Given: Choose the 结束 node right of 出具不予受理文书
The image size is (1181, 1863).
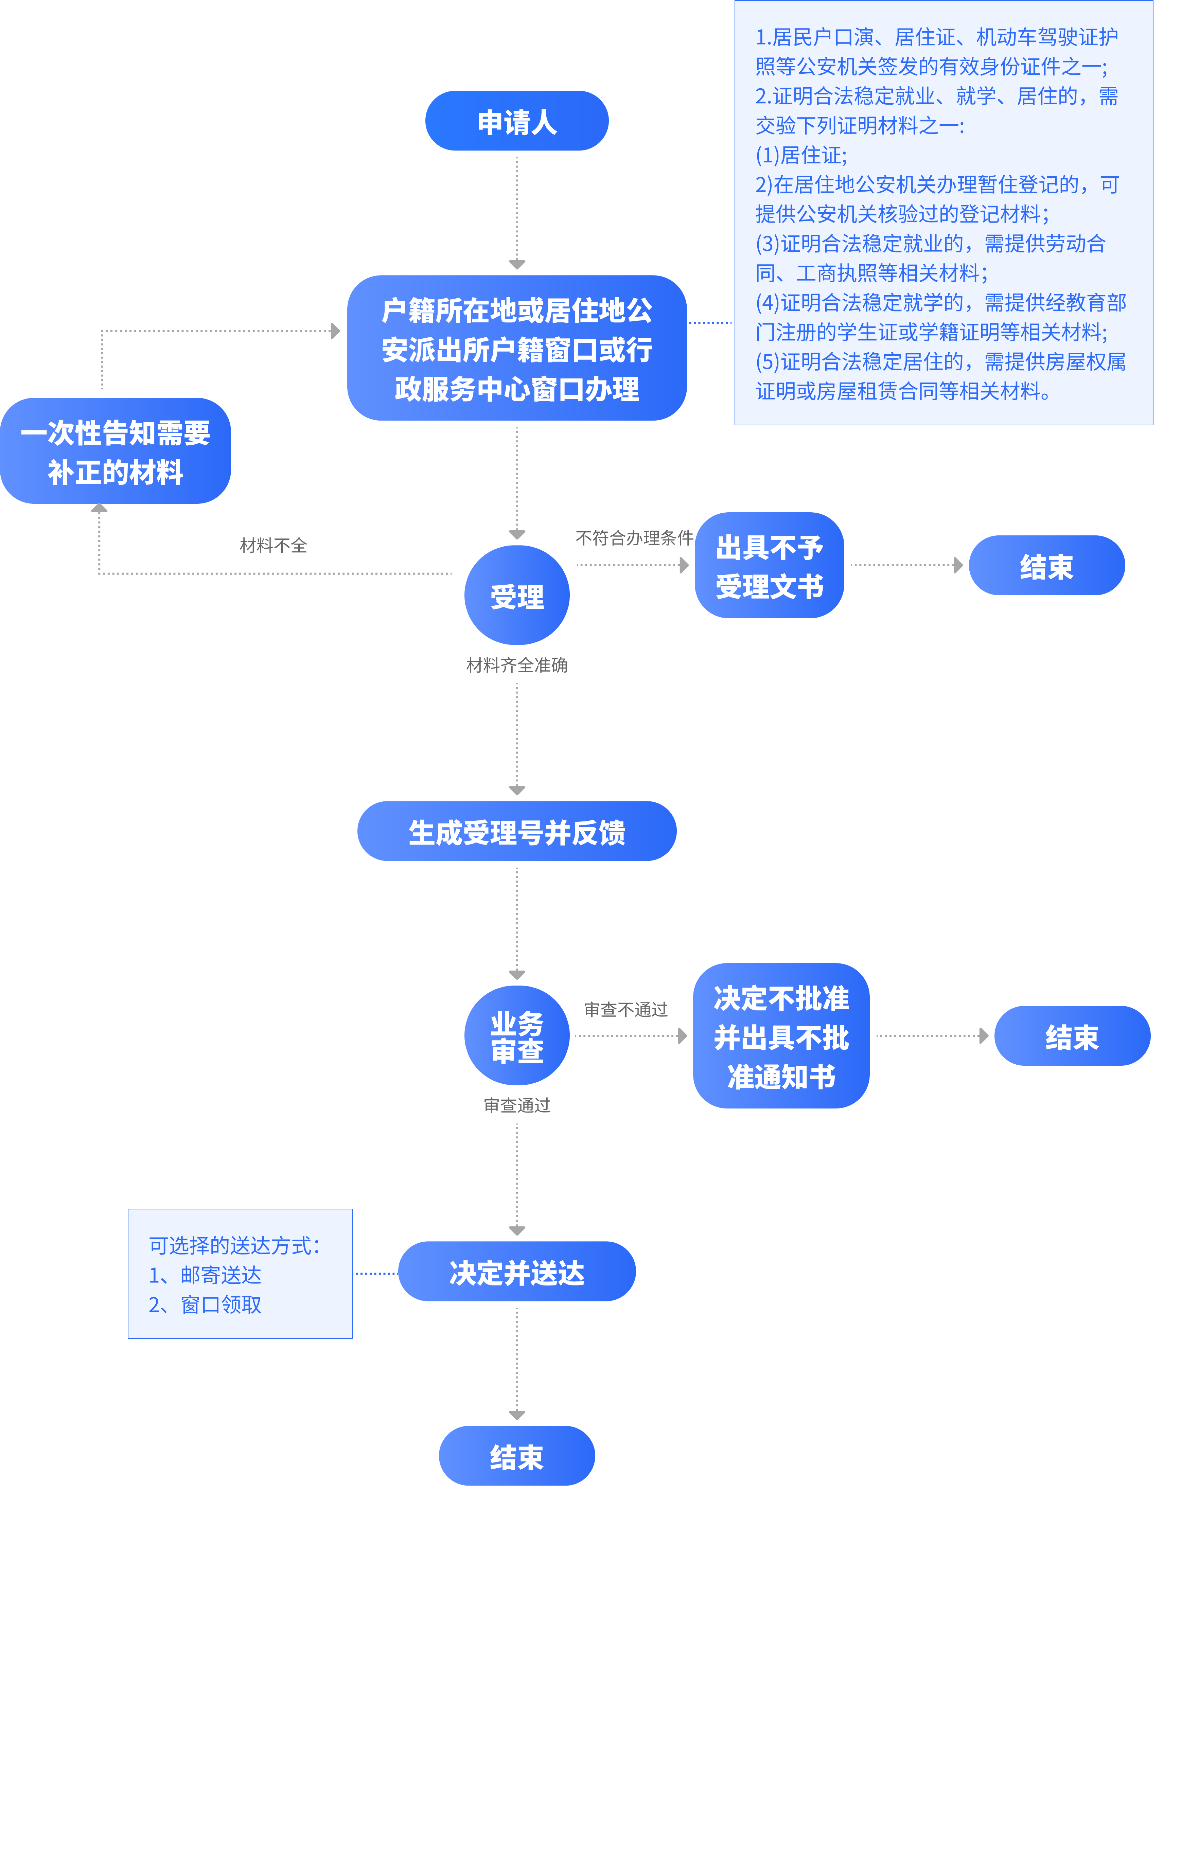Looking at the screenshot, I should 1046,566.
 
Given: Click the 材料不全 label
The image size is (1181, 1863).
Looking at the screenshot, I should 273,546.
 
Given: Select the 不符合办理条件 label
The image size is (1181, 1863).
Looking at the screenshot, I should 634,538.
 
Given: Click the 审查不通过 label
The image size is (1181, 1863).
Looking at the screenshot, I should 625,1010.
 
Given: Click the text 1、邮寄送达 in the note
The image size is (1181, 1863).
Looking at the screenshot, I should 205,1275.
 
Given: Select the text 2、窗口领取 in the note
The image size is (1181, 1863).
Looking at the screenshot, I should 205,1305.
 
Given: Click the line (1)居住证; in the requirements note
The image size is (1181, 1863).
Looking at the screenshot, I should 801,156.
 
